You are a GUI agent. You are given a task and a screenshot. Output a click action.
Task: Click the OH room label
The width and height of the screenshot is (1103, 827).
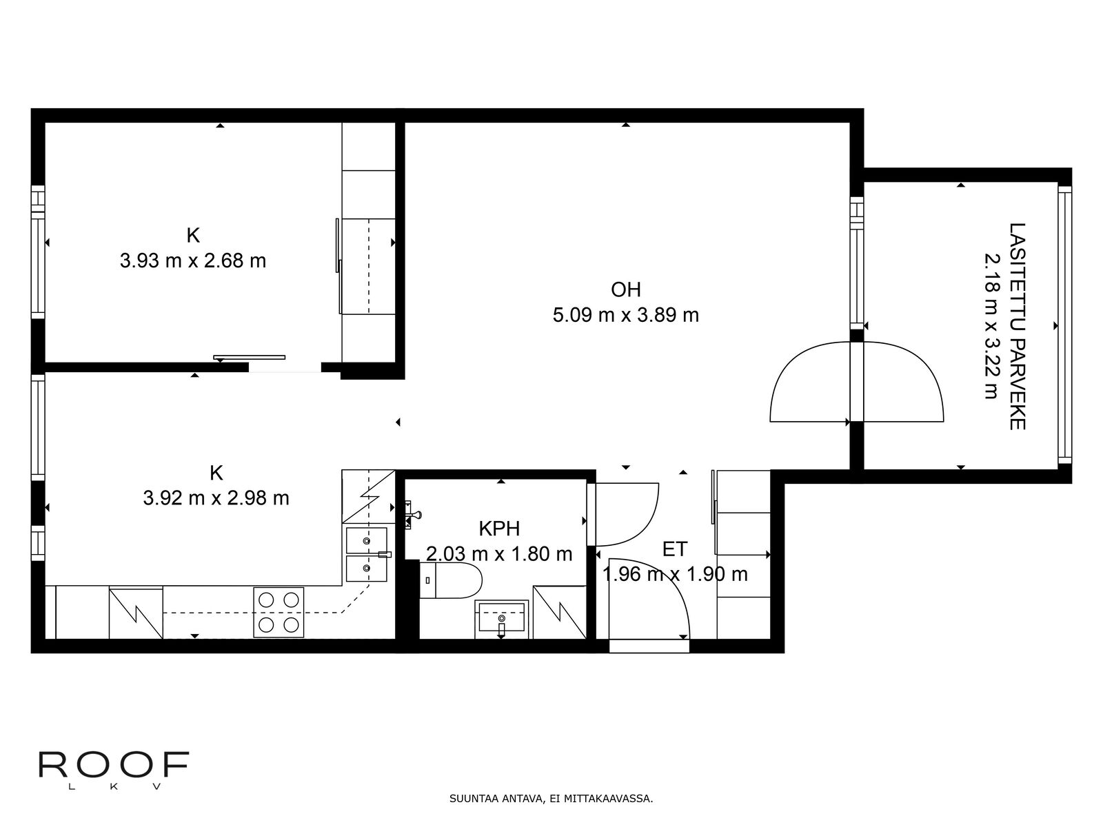click(x=626, y=289)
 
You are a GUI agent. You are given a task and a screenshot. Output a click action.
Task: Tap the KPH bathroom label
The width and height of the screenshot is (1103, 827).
click(x=499, y=529)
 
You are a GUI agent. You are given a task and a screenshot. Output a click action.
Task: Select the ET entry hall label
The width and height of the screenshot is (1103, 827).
click(x=674, y=549)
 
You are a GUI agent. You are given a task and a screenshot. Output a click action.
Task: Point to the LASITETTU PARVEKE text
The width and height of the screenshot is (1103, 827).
click(x=1017, y=327)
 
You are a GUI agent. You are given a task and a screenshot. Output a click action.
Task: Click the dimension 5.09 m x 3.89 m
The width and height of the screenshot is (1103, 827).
click(x=626, y=316)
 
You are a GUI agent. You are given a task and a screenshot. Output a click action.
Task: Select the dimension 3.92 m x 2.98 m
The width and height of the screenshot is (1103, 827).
click(x=216, y=498)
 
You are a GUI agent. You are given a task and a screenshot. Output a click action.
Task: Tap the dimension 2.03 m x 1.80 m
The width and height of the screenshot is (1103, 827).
click(x=499, y=554)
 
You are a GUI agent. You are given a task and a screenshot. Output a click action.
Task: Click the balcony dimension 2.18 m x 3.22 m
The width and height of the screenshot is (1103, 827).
click(x=991, y=327)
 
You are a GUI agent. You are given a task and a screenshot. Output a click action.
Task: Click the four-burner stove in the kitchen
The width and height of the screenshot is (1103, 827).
click(x=279, y=613)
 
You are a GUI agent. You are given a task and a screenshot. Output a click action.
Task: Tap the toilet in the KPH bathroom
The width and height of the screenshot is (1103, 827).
click(x=450, y=580)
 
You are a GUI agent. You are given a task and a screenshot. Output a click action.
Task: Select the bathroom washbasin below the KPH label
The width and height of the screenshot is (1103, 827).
click(x=501, y=619)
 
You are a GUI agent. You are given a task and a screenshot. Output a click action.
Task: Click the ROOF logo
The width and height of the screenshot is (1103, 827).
click(x=114, y=764)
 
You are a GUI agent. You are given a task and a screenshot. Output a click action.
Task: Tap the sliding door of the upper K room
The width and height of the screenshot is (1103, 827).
click(x=250, y=358)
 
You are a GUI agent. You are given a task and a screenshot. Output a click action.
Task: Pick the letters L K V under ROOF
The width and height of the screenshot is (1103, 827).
click(x=114, y=787)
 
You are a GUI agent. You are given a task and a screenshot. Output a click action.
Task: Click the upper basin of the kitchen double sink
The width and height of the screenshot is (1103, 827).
click(x=366, y=540)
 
